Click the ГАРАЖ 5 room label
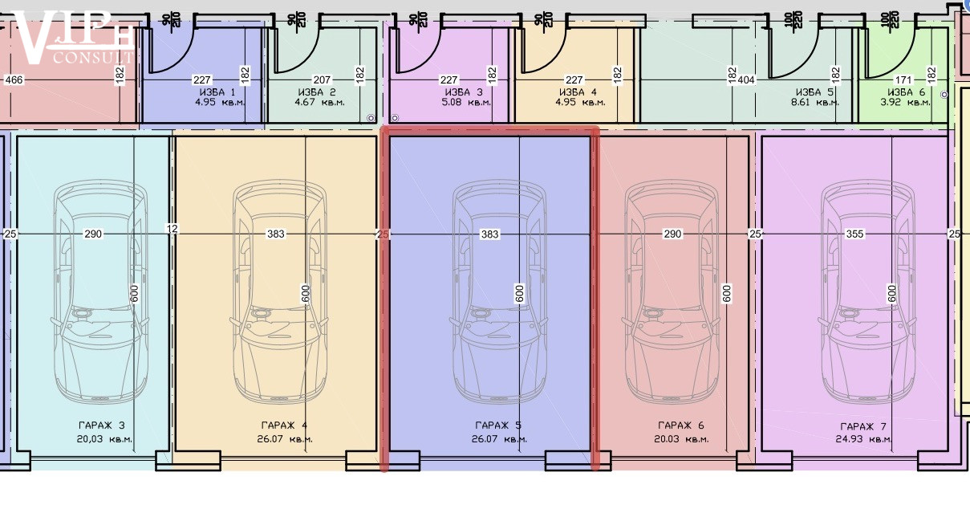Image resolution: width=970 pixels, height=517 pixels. tap(498, 425)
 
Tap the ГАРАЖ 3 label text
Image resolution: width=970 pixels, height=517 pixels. tap(102, 425)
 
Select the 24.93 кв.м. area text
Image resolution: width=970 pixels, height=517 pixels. tap(863, 439)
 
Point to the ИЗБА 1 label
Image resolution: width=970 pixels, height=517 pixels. tap(217, 92)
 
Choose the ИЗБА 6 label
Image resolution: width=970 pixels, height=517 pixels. tap(906, 92)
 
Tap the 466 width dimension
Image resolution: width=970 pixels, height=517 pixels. tap(14, 79)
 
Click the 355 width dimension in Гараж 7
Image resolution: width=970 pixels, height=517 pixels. tap(854, 234)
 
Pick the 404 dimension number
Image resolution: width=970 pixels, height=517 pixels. tap(746, 79)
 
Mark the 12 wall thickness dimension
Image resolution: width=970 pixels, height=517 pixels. tap(172, 228)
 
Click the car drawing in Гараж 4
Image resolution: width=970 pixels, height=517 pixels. tap(279, 291)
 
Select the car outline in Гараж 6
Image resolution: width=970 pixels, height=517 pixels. tap(672, 291)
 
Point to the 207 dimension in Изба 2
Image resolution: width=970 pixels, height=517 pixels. tap(322, 79)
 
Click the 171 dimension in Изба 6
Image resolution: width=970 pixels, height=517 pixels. tap(903, 79)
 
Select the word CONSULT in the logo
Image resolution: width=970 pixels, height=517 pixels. tap(94, 58)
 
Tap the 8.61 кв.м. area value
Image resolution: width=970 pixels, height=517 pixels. tap(814, 103)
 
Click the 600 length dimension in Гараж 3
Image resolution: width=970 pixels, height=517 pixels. tap(134, 293)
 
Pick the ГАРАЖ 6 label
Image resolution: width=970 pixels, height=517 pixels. tap(680, 425)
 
